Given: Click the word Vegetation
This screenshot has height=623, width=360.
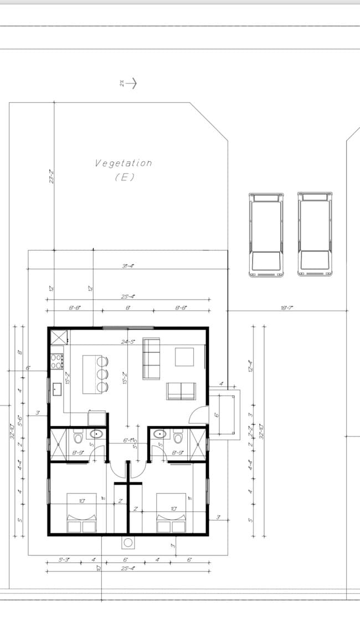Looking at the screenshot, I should click(124, 163).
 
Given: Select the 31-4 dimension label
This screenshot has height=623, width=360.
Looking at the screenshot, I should click(128, 266).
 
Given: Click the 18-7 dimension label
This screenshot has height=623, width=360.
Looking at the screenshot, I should click(286, 308).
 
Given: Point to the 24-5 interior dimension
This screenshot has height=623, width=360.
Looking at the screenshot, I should click(128, 342).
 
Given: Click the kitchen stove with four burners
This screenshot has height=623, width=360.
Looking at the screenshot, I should click(57, 361).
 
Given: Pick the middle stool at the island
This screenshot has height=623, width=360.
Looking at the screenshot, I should click(102, 374).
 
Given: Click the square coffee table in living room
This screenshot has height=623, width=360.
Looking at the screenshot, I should click(184, 357).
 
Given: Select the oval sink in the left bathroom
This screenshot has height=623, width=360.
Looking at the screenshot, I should click(96, 434).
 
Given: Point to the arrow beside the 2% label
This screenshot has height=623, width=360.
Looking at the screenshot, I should click(131, 83).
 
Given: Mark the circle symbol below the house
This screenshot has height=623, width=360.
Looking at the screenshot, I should click(127, 543).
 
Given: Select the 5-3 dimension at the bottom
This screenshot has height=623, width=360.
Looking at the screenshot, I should click(64, 560).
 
